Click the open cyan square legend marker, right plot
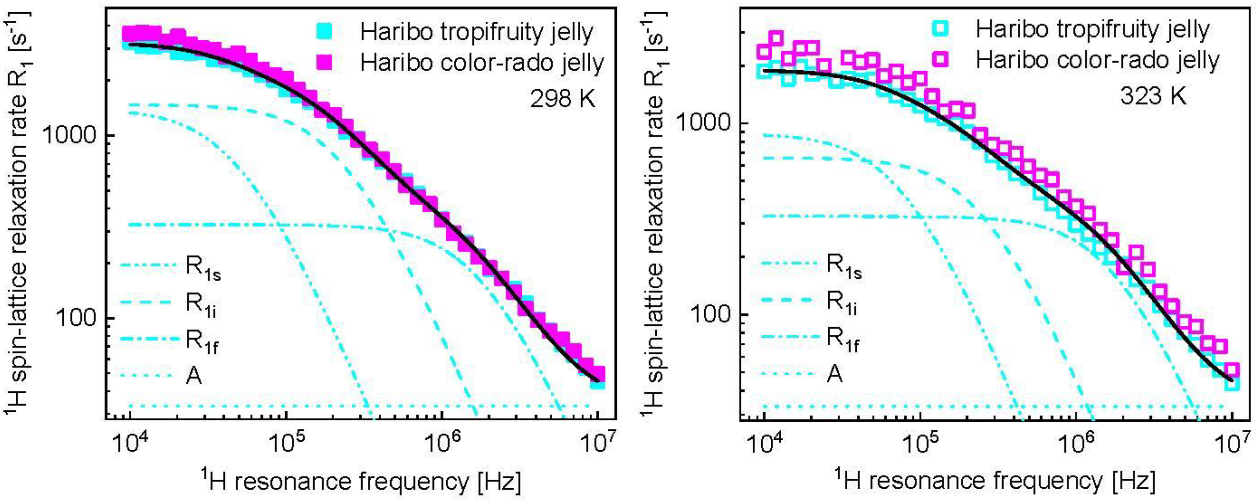coord(941,29)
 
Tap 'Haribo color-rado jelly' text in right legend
coord(1097,60)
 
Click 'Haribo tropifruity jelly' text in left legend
coord(476,32)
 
